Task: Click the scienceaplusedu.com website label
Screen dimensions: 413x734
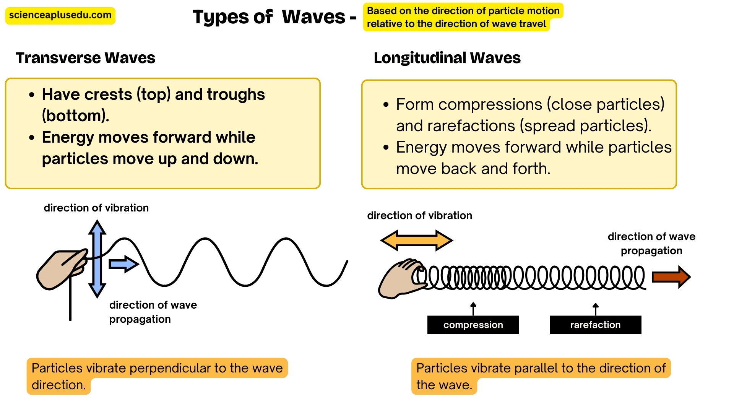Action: (60, 16)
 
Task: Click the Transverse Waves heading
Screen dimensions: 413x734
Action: (86, 58)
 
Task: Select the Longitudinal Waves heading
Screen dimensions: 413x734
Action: (447, 58)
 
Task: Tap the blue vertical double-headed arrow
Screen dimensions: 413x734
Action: (97, 259)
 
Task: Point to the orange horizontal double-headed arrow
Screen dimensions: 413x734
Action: (417, 241)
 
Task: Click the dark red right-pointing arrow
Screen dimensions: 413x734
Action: (671, 277)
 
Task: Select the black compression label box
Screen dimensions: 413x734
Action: (473, 325)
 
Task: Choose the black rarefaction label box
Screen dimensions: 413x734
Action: (595, 325)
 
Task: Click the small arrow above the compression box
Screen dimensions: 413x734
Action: (473, 308)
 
